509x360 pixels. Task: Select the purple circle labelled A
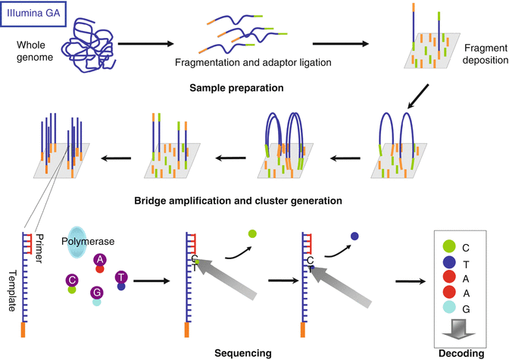click(x=99, y=260)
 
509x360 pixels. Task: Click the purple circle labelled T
click(x=120, y=278)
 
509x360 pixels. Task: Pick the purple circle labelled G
click(x=96, y=292)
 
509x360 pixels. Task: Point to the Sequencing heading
click(x=239, y=352)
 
